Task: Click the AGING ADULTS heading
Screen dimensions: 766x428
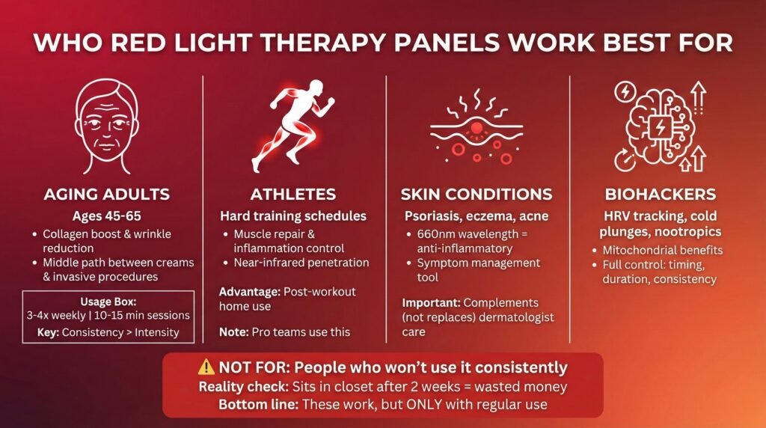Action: click(106, 194)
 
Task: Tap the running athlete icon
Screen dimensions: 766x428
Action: click(293, 126)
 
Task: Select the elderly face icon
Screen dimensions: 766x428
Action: click(106, 126)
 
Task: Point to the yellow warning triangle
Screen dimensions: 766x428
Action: click(206, 367)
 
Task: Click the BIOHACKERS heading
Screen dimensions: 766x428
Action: click(660, 194)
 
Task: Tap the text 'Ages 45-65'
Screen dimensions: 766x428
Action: click(106, 216)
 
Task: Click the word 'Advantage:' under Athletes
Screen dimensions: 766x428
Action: click(249, 292)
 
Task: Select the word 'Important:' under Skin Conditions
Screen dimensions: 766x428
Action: click(432, 303)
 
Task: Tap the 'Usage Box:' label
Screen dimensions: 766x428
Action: click(108, 302)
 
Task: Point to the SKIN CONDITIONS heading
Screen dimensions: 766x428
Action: click(477, 194)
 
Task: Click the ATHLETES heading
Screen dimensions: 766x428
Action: click(293, 194)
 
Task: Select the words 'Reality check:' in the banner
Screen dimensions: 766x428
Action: click(243, 387)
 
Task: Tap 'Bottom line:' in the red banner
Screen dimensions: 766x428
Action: click(258, 405)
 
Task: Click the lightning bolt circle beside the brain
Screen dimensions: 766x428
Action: click(625, 91)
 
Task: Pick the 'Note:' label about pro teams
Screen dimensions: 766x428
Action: click(233, 332)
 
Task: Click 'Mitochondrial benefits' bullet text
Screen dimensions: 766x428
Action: click(663, 251)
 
